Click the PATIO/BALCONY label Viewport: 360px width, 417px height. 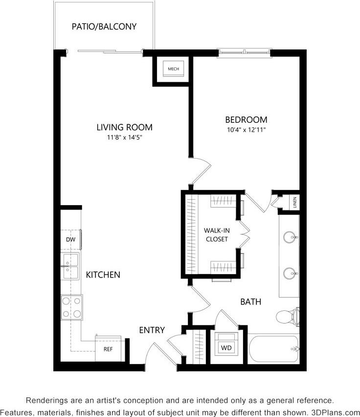coord(104,26)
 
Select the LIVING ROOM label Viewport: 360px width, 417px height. coord(124,127)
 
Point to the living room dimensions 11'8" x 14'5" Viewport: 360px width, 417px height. coord(124,138)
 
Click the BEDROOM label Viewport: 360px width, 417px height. coord(246,119)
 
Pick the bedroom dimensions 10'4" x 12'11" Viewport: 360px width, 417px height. coord(246,130)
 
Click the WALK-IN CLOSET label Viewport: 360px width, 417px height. coord(216,234)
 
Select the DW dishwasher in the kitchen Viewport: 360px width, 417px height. coord(70,240)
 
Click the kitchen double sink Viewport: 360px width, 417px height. coord(70,266)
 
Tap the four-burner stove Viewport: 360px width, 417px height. coord(71,307)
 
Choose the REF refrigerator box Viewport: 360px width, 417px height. coord(108,349)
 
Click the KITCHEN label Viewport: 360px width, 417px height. coord(103,275)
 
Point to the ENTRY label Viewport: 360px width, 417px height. coord(152,330)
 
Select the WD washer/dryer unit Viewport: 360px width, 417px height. coord(226,348)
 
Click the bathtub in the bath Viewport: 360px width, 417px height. coord(274,349)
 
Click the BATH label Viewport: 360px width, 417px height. coord(250,302)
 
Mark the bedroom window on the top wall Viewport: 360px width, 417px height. coord(245,52)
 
